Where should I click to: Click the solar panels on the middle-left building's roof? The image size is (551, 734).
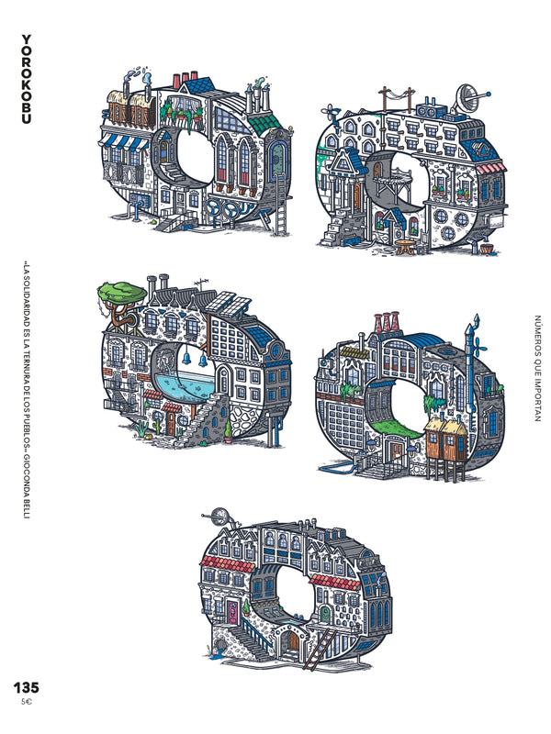point(232,305)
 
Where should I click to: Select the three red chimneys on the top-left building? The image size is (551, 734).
point(189,78)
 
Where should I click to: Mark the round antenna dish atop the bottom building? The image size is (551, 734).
point(219,515)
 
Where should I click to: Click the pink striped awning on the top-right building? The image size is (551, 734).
point(489,166)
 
